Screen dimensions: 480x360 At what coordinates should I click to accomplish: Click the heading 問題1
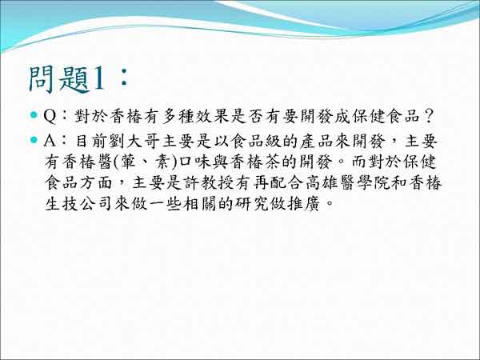click(x=66, y=79)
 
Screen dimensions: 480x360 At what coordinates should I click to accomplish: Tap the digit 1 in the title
click(x=98, y=80)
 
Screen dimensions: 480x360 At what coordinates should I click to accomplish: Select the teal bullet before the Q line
click(x=34, y=115)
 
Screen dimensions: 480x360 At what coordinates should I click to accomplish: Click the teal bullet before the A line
click(x=34, y=140)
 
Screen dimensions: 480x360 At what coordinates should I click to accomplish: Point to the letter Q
click(x=50, y=116)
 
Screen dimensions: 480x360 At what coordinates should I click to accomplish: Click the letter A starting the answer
click(x=50, y=141)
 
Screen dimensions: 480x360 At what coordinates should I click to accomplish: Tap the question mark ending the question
click(x=429, y=116)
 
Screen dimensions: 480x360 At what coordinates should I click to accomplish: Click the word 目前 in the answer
click(x=91, y=141)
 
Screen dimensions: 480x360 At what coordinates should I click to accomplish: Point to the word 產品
click(x=317, y=141)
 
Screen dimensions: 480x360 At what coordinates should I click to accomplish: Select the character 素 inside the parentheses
click(x=162, y=162)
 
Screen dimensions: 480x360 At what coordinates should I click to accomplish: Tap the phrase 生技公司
click(x=78, y=203)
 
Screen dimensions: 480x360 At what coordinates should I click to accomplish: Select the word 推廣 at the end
click(x=304, y=203)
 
